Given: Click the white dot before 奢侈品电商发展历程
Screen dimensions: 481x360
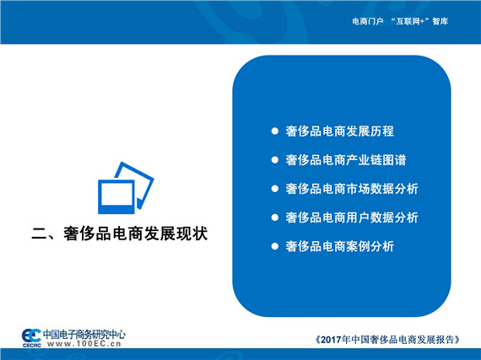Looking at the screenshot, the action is click(x=275, y=132).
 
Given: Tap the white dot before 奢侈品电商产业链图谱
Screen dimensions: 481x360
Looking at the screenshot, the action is click(x=275, y=160).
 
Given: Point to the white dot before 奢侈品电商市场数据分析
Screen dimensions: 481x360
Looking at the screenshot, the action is click(x=275, y=189).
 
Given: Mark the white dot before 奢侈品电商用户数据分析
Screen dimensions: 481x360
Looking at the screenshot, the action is click(x=275, y=218).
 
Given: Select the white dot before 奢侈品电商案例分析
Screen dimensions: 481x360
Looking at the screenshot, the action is click(x=275, y=246).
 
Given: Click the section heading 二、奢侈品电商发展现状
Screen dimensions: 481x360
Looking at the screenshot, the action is click(x=120, y=234).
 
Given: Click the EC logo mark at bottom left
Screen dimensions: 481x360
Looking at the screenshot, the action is click(x=31, y=336).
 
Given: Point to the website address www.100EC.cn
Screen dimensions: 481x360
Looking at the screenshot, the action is click(x=84, y=344).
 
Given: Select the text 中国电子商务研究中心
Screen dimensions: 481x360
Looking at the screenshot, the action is click(x=84, y=334).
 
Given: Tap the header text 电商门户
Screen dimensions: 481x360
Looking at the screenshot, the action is click(x=367, y=21).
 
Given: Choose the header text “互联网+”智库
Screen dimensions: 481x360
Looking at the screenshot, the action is click(x=419, y=21).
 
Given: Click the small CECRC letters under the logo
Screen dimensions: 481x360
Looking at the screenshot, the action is click(x=31, y=346).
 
